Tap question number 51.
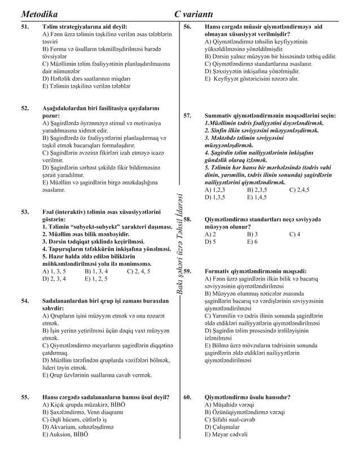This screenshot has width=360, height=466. tap(25, 27)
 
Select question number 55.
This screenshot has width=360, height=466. tap(25, 397)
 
